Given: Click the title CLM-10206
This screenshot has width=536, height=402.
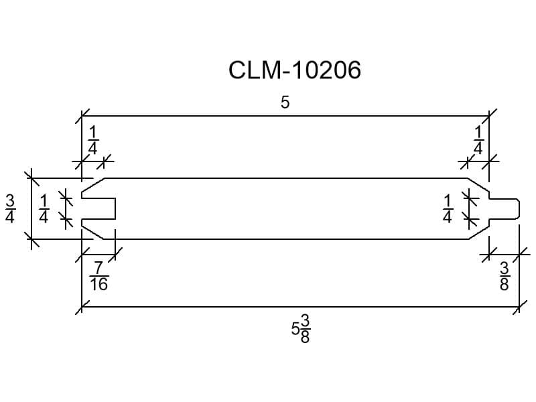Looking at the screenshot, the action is pos(294,70).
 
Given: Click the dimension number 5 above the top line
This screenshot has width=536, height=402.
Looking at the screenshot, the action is pos(285,103).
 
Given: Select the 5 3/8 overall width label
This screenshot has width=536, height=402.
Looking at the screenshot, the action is pos(301,329).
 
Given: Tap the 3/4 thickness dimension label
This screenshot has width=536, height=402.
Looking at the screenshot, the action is pos(10,208).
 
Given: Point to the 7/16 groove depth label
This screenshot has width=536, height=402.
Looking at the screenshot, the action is pos(99,276).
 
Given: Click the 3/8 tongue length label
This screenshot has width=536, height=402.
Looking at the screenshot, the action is pos(505,276).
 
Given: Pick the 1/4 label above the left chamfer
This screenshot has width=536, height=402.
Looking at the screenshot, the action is pos(93,140).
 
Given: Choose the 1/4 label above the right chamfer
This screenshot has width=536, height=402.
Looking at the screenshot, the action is pos(478,140).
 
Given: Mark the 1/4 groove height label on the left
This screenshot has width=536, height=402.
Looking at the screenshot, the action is pos(44,208).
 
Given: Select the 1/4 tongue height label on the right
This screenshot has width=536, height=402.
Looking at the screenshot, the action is pos(448,208).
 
